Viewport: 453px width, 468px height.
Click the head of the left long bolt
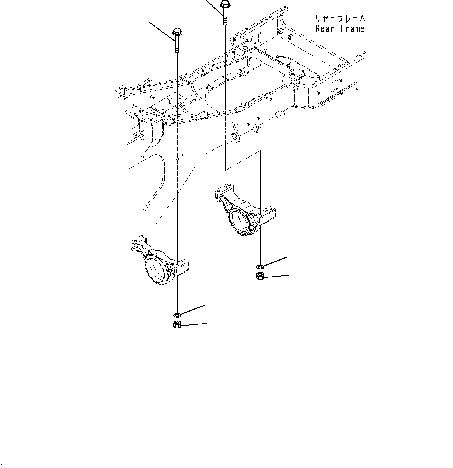tap(177, 31)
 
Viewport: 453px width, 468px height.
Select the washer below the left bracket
tap(176, 314)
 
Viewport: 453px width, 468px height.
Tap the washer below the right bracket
tap(260, 267)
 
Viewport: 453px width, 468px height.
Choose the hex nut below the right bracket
tap(260, 277)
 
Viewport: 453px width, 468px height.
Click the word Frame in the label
tap(352, 28)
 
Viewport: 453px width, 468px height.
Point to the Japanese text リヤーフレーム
tap(340, 18)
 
